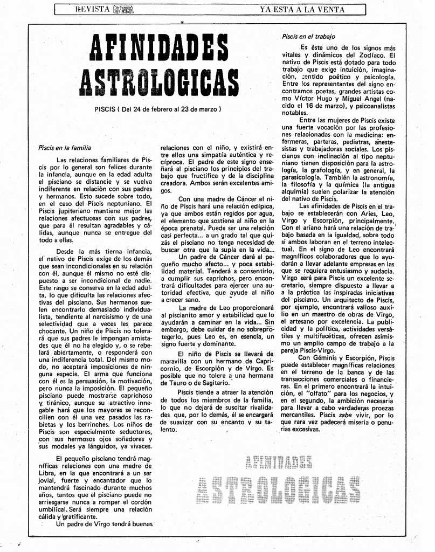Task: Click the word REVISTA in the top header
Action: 93,9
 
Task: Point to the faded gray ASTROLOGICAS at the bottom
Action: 278,490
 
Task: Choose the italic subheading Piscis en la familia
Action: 65,147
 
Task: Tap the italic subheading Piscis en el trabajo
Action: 308,37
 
